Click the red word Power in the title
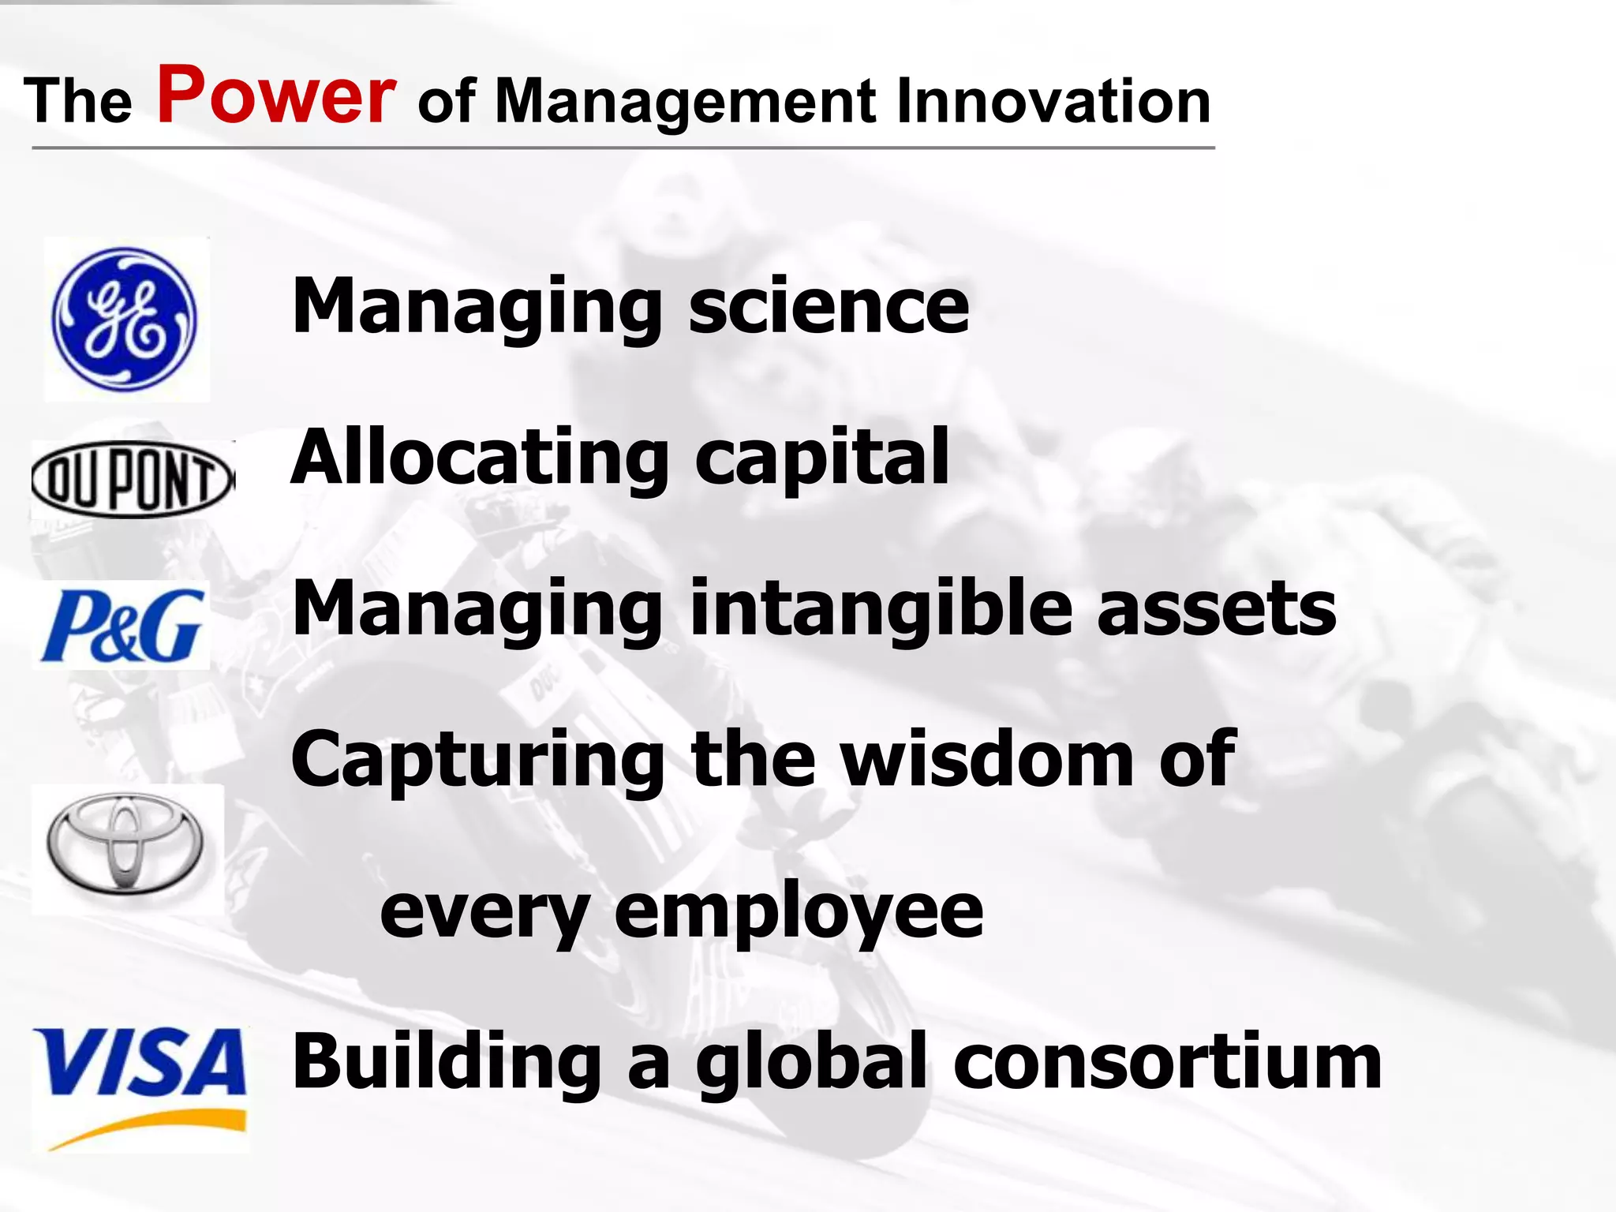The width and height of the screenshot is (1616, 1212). coord(276,96)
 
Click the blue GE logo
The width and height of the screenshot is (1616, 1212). coord(125,320)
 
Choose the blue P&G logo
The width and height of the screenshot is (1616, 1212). coord(122,626)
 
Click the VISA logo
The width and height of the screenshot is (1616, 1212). coord(140,1062)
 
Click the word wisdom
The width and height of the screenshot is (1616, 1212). coord(987,759)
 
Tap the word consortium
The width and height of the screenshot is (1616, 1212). coord(1167,1062)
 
